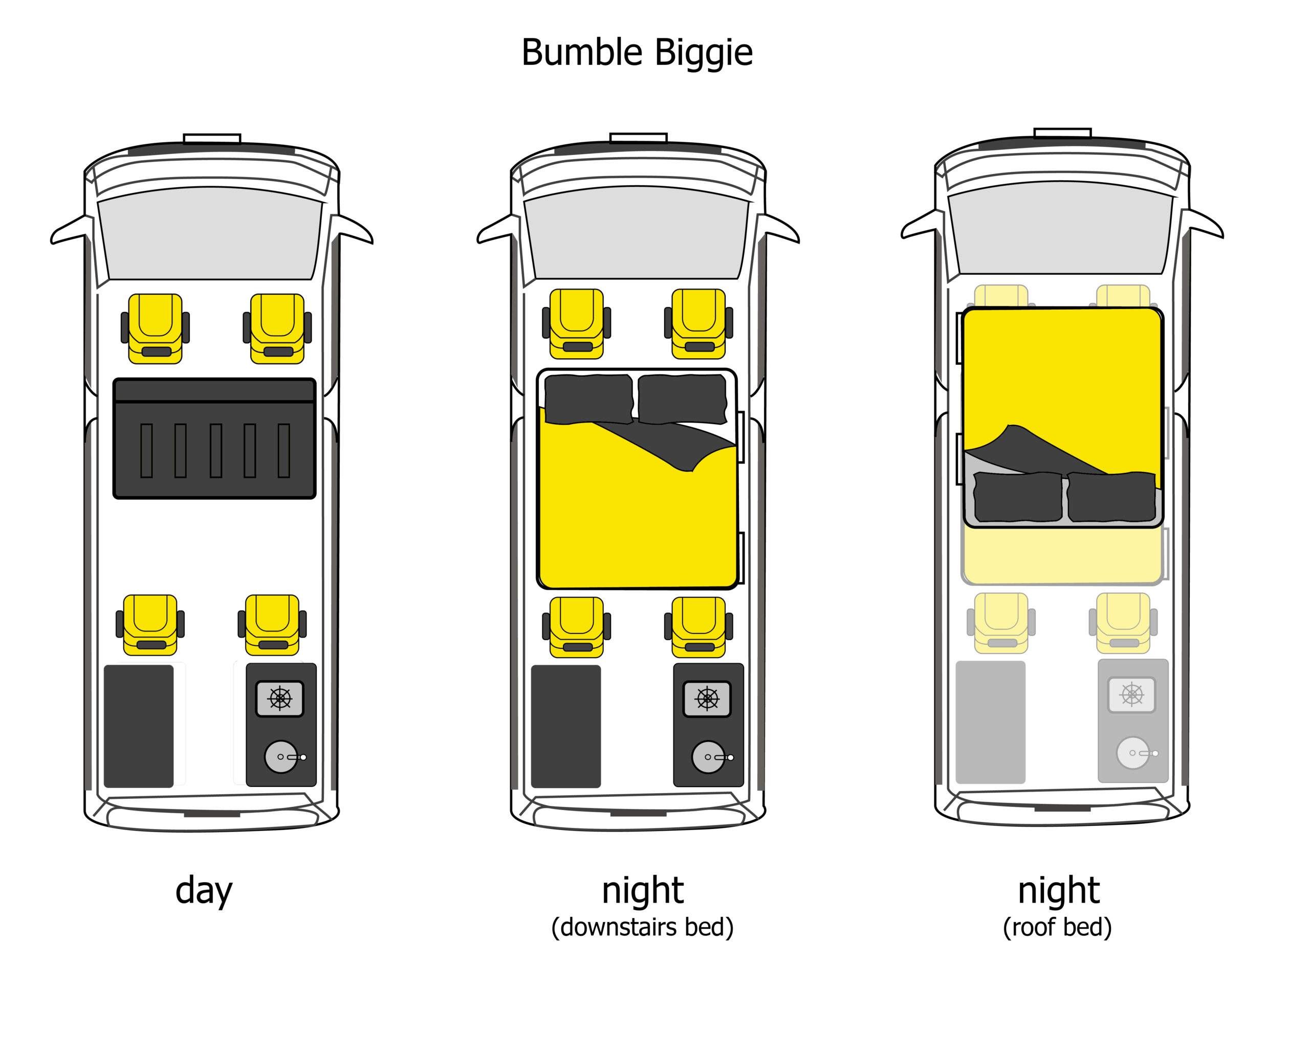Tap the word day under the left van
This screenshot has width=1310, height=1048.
[x=204, y=891]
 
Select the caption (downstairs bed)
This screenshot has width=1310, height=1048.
[x=642, y=928]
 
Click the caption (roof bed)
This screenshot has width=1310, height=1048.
[x=1057, y=928]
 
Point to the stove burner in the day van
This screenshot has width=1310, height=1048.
[x=279, y=698]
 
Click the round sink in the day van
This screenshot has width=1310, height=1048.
[x=281, y=756]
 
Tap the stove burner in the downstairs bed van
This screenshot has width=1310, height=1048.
[x=707, y=698]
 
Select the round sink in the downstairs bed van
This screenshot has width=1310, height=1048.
[x=708, y=757]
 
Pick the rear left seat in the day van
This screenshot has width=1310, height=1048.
[x=150, y=624]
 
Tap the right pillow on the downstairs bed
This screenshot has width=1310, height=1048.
[x=682, y=399]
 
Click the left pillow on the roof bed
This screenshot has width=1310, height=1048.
[x=1018, y=496]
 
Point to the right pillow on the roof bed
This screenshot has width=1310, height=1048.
[x=1111, y=496]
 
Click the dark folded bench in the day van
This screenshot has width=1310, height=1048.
[x=214, y=439]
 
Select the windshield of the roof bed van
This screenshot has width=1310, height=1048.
[x=1060, y=228]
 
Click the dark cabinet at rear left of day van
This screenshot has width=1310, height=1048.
[x=139, y=726]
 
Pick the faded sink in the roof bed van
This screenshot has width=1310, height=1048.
[x=1132, y=753]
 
